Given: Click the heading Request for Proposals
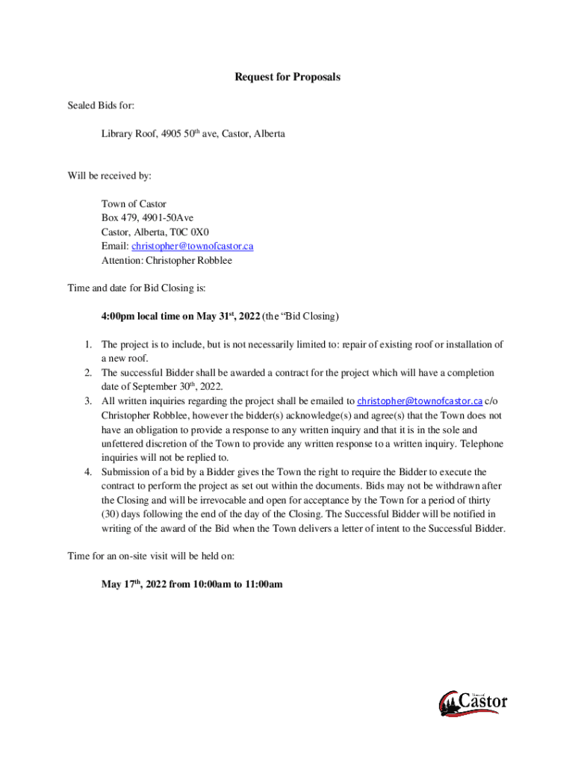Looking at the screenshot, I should (287, 77).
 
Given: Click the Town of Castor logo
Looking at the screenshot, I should (473, 703).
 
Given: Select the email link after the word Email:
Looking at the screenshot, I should (193, 246).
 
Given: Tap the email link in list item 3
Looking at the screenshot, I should (420, 401).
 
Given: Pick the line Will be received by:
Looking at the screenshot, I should (109, 176).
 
